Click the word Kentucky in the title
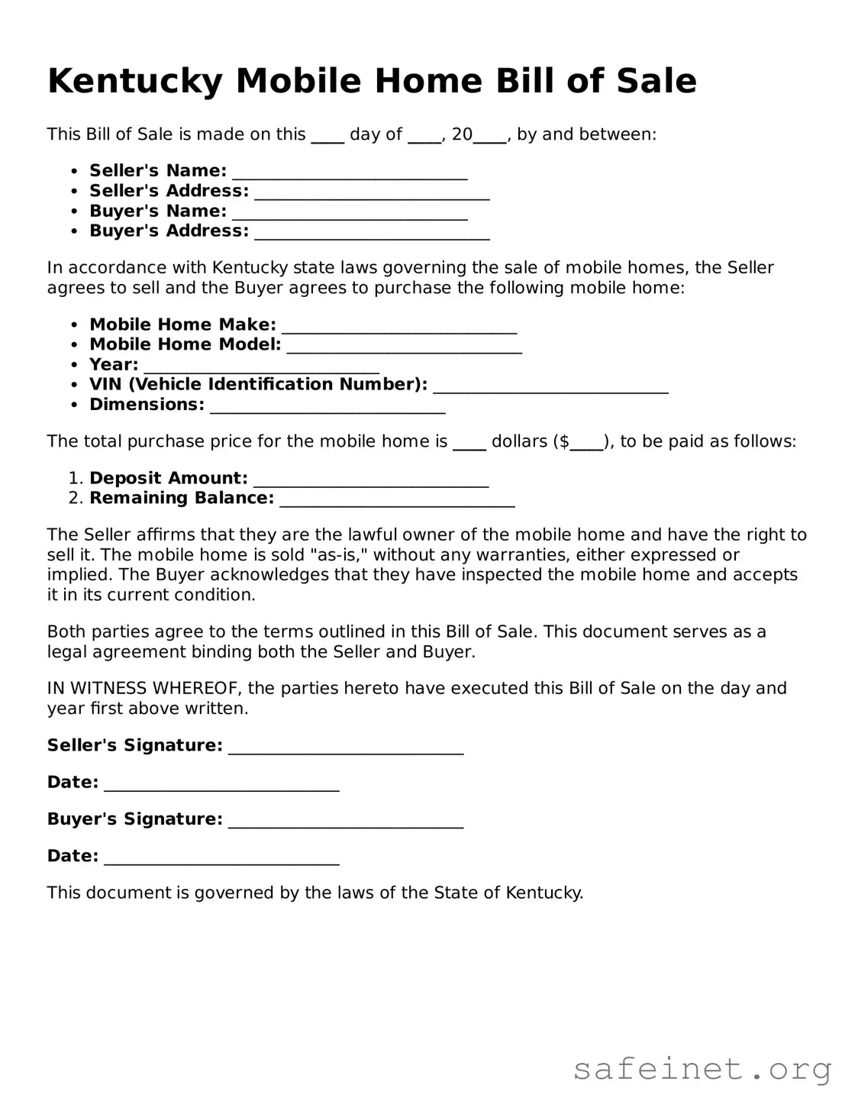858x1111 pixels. [134, 82]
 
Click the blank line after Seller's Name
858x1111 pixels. [350, 173]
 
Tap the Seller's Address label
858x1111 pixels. [169, 191]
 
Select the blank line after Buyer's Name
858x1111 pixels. [350, 213]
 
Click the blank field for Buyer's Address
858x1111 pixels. [372, 233]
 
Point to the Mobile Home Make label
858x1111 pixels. [182, 325]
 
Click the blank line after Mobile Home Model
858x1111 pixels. [405, 347]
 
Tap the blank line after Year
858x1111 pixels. [261, 367]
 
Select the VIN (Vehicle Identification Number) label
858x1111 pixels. [258, 384]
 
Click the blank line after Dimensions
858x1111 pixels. [327, 406]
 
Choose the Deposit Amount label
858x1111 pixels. [169, 478]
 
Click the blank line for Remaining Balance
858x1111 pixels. [397, 500]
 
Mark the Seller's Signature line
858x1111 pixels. [346, 748]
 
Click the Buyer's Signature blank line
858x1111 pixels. [346, 821]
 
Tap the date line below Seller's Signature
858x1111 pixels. [221, 784]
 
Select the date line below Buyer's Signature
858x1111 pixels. [221, 857]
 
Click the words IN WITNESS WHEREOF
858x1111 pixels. [144, 688]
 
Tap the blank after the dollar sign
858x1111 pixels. [587, 444]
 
